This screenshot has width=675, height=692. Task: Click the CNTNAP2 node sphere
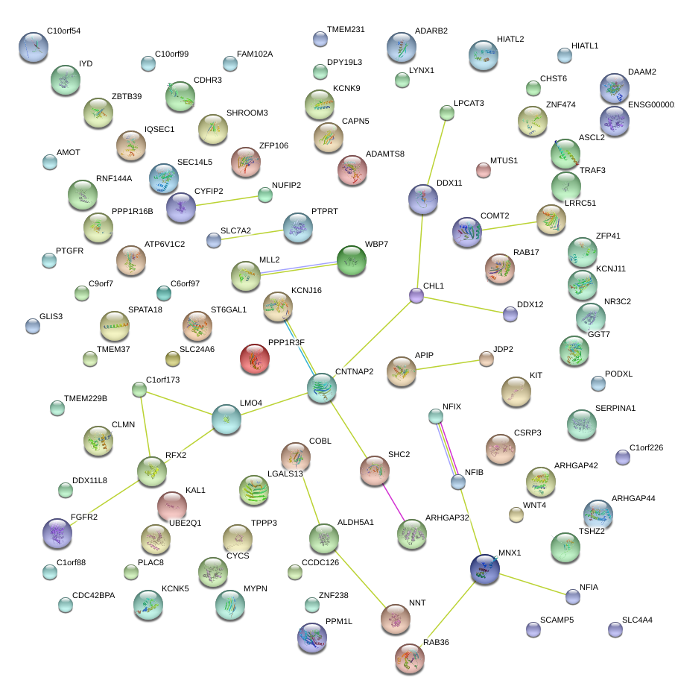(322, 388)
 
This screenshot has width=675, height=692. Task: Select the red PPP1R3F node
(255, 359)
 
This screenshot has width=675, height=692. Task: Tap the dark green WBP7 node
(351, 260)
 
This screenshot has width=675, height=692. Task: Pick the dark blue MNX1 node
(485, 569)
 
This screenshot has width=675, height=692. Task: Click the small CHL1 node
(416, 296)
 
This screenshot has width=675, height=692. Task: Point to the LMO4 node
(226, 420)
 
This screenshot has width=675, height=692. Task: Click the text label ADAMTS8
(384, 154)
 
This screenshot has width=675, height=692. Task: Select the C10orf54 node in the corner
(33, 47)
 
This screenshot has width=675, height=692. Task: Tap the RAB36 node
(409, 657)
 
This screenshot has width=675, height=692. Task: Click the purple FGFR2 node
(57, 532)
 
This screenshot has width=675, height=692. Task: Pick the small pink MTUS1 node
(484, 170)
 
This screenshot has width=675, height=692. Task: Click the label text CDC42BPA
(93, 596)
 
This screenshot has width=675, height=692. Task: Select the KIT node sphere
(516, 391)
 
